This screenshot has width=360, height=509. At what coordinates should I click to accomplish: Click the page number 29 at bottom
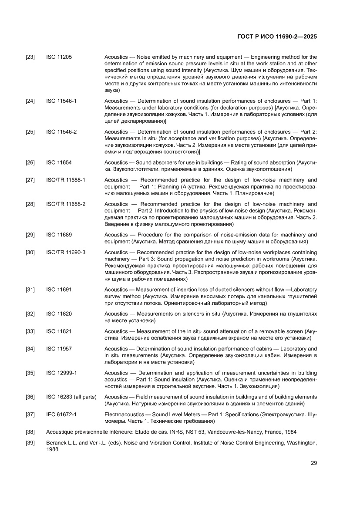tap(313, 463)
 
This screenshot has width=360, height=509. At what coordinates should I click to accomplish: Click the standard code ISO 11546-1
tap(61, 101)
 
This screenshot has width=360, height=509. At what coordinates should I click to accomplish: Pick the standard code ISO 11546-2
tap(61, 132)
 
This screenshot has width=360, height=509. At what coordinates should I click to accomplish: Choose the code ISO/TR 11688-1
tap(66, 180)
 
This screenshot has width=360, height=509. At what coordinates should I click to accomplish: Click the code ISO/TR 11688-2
tap(66, 204)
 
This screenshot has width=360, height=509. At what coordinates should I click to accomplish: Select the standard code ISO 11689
tap(59, 235)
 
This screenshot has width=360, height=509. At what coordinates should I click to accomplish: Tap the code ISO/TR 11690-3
tap(66, 252)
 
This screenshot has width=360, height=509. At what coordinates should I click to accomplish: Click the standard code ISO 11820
tap(59, 314)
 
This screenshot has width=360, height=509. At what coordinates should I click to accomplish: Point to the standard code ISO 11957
tap(59, 349)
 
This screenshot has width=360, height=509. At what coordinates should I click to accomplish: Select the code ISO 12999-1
tap(61, 373)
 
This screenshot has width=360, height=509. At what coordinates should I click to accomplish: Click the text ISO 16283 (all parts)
tap(71, 397)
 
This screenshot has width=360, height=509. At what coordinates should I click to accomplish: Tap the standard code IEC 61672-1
tap(61, 415)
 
